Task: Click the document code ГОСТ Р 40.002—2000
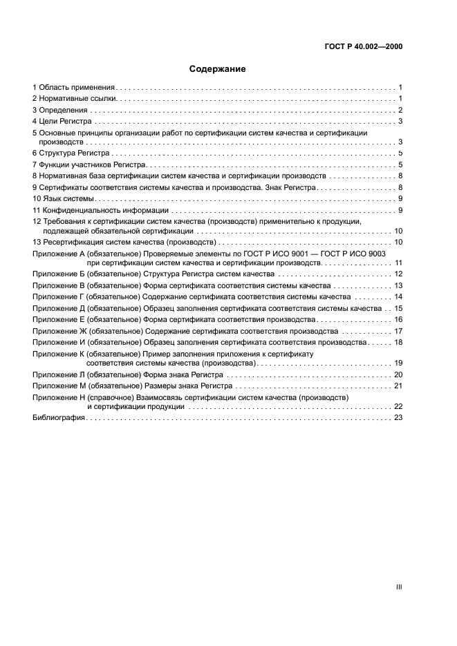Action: [363, 47]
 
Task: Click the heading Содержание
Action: [218, 69]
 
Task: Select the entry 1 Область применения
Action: [73, 88]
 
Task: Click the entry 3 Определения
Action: [60, 110]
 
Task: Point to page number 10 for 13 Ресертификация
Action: [398, 243]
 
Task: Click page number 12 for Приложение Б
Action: [398, 274]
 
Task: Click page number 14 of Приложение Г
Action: [398, 296]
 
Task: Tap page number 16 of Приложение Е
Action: [398, 319]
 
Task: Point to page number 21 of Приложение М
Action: [398, 386]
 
